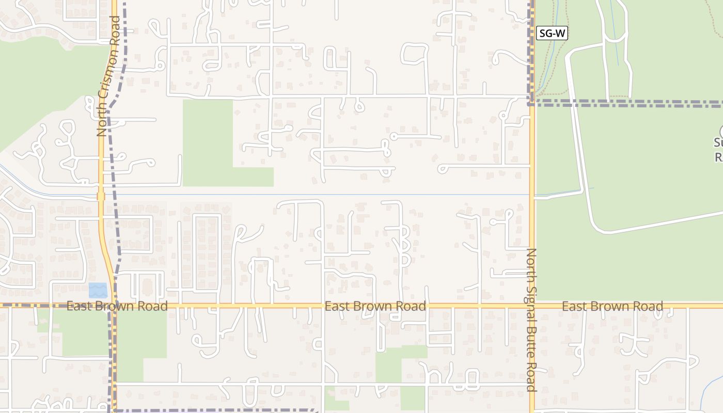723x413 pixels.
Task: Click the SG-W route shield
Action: coord(552,34)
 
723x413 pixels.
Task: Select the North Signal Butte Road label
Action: coord(532,320)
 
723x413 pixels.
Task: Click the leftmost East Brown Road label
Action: coord(117,306)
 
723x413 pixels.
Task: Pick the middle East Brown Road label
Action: coord(375,306)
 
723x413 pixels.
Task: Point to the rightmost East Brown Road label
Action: coord(612,306)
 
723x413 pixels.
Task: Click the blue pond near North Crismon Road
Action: coord(98,290)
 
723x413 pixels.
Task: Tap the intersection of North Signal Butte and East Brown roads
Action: coord(532,306)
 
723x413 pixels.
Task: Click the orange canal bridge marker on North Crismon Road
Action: coord(101,196)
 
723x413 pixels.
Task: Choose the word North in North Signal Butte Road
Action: coord(532,262)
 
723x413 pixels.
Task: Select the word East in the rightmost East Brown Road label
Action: coord(573,306)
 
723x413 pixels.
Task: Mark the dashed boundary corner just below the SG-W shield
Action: coord(531,103)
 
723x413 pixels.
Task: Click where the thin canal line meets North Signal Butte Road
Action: coord(532,195)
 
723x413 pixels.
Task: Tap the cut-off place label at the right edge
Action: coord(719,150)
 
